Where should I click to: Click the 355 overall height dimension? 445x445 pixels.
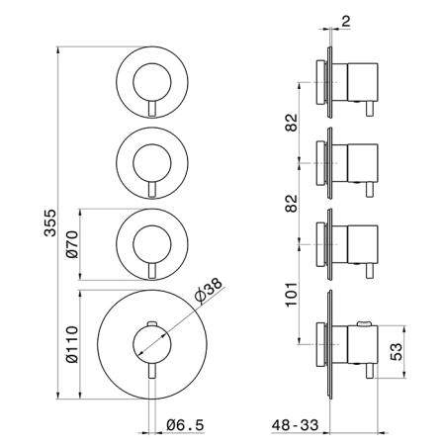(x=50, y=222)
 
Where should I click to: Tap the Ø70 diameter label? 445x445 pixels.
(x=72, y=244)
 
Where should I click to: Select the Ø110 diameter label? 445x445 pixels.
(x=72, y=344)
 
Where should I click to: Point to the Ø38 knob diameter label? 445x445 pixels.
(x=209, y=291)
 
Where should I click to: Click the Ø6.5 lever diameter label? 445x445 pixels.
(x=185, y=425)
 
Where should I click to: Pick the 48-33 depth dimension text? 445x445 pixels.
(x=296, y=425)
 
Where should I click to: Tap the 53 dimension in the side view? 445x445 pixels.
(x=396, y=352)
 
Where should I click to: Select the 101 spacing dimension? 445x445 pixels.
(x=292, y=295)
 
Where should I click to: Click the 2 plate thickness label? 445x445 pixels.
(x=345, y=22)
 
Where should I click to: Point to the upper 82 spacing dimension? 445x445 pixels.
(x=292, y=123)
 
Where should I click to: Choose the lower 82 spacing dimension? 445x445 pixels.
(x=292, y=204)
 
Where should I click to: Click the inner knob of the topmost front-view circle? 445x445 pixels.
(x=152, y=82)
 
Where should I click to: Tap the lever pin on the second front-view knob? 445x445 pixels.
(x=152, y=189)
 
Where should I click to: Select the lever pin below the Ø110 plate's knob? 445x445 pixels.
(x=152, y=371)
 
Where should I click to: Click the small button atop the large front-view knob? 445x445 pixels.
(x=152, y=323)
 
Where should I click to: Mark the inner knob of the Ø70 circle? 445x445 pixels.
(x=152, y=244)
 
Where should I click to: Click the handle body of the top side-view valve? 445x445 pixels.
(x=363, y=82)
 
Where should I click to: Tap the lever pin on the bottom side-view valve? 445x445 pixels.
(x=370, y=371)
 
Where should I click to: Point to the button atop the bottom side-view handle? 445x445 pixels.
(x=364, y=323)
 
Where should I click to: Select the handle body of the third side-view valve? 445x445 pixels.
(x=363, y=244)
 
